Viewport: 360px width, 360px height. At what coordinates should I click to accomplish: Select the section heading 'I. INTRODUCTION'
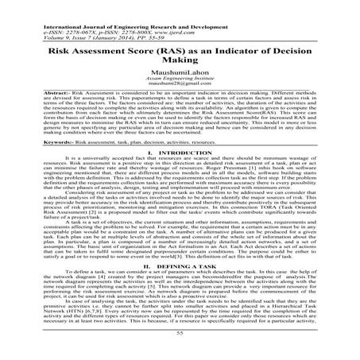coord(180,153)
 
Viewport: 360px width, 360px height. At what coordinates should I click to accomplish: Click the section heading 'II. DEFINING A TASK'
coord(180,265)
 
